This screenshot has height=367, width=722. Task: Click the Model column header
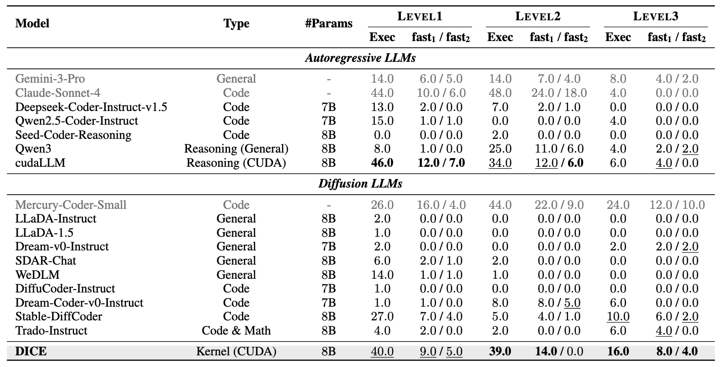point(32,23)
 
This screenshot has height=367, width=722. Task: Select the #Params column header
point(329,23)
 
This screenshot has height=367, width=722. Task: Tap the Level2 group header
point(538,16)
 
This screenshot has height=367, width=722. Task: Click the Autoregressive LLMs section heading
point(360,58)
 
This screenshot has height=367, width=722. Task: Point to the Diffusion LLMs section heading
point(360,183)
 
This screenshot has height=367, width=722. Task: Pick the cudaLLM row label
point(41,163)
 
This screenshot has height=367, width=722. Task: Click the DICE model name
point(31,351)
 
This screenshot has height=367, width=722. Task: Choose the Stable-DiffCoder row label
point(59,316)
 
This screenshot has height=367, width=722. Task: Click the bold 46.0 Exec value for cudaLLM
point(382,163)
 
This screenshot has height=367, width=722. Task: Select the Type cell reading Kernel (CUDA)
point(236,351)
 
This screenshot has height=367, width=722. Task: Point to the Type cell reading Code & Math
point(236,331)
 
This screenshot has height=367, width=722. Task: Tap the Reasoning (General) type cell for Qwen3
point(236,149)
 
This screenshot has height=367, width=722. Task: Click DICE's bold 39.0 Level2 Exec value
point(500,351)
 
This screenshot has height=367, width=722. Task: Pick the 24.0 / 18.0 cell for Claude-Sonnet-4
point(558,93)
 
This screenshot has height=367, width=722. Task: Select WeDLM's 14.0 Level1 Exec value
point(382,275)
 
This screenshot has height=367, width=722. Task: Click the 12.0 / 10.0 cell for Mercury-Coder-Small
point(676,205)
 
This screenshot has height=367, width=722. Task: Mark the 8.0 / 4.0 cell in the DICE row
point(676,351)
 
